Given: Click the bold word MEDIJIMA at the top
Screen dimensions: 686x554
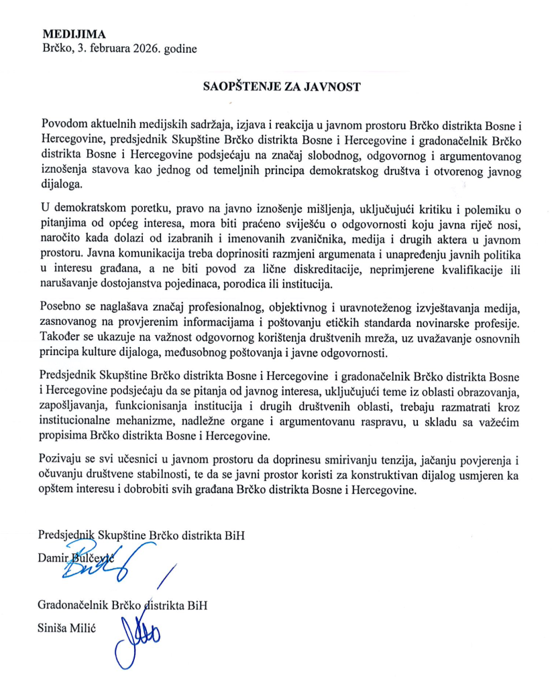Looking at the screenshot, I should click(73, 33).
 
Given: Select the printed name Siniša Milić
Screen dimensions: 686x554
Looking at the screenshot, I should click(69, 628).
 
